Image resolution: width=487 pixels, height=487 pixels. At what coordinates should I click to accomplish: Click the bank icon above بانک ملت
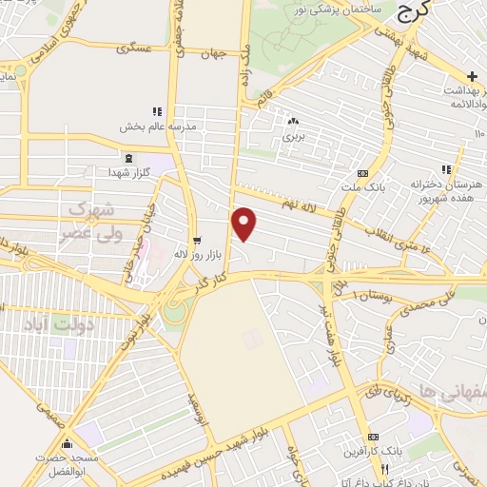pyautogui.click(x=360, y=173)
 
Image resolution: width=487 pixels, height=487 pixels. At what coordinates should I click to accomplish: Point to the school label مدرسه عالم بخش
pyautogui.click(x=157, y=126)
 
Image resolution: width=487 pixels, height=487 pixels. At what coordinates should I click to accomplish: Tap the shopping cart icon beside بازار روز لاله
pyautogui.click(x=197, y=240)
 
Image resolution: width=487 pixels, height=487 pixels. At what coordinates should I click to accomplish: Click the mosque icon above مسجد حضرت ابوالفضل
pyautogui.click(x=66, y=444)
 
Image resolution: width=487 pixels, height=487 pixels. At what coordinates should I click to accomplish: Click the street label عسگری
pyautogui.click(x=133, y=48)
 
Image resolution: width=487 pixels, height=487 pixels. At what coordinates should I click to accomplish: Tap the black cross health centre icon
pyautogui.click(x=472, y=75)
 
